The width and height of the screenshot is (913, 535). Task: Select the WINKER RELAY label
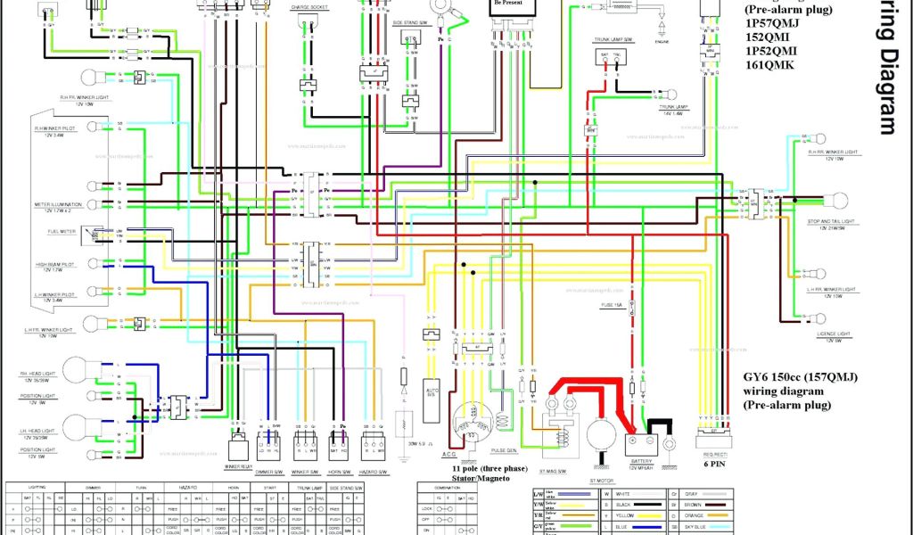pyautogui.click(x=238, y=465)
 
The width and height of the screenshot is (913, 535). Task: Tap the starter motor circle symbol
pyautogui.click(x=604, y=438)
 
